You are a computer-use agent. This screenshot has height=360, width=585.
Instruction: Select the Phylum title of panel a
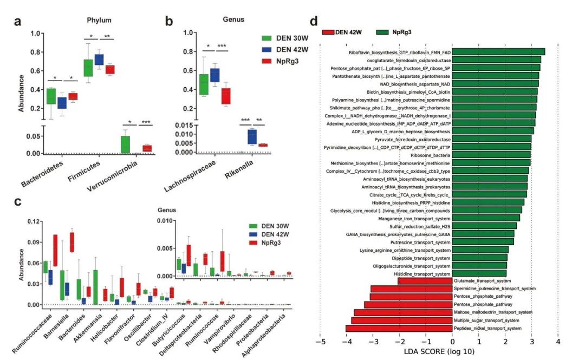pos(99,21)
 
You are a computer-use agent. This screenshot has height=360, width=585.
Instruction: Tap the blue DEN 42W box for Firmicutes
pos(99,60)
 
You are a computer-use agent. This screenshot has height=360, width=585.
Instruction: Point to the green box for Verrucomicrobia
pos(125,144)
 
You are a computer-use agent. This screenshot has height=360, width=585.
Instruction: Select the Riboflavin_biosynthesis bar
pos(498,51)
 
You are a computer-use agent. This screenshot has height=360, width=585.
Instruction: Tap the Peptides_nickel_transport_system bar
pos(399,328)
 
